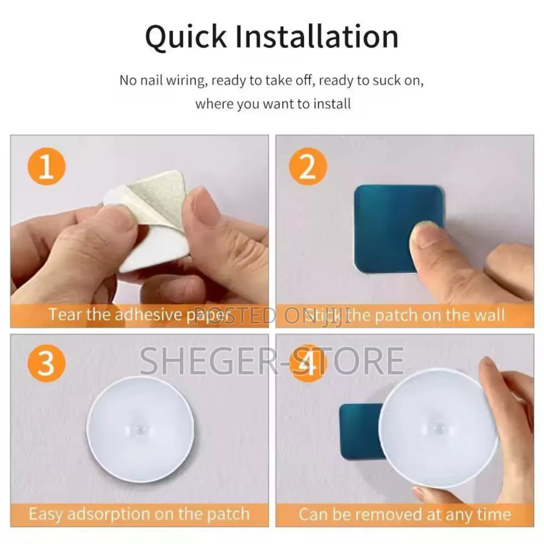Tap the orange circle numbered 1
pos(46,167)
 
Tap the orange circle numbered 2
pos(308,167)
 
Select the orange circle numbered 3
pos(46,363)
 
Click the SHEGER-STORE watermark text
pos(272,360)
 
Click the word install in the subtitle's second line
pos(332,104)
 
